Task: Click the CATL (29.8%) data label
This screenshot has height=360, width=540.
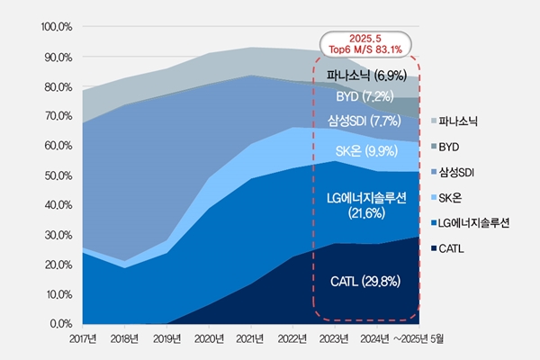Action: (364, 282)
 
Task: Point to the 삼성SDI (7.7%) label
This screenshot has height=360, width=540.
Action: (364, 121)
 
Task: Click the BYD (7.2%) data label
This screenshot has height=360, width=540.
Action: (364, 95)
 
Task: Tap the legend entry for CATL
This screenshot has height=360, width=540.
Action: (462, 246)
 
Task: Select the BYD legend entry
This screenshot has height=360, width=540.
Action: (459, 145)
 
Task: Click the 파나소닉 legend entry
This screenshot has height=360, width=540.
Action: (464, 120)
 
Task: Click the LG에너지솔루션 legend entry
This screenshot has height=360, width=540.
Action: (477, 221)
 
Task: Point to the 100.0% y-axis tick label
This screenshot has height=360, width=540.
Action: (56, 27)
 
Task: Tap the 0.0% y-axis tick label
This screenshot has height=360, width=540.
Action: (59, 322)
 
